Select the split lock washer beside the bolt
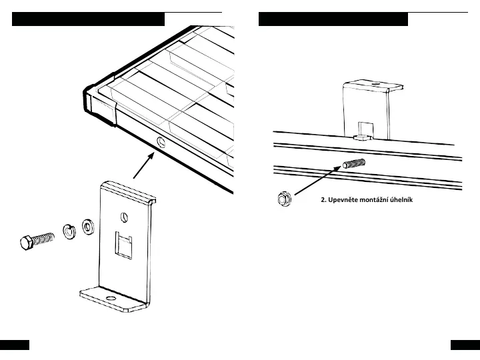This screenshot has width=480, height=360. pos(67,231)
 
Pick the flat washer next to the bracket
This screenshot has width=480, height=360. pos(87,227)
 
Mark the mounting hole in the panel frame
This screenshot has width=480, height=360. pos(160,142)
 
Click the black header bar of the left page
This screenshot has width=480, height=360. pos(88,19)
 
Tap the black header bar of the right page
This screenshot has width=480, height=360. pos(333,19)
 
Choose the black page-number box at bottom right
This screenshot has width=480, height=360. pos(465,345)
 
